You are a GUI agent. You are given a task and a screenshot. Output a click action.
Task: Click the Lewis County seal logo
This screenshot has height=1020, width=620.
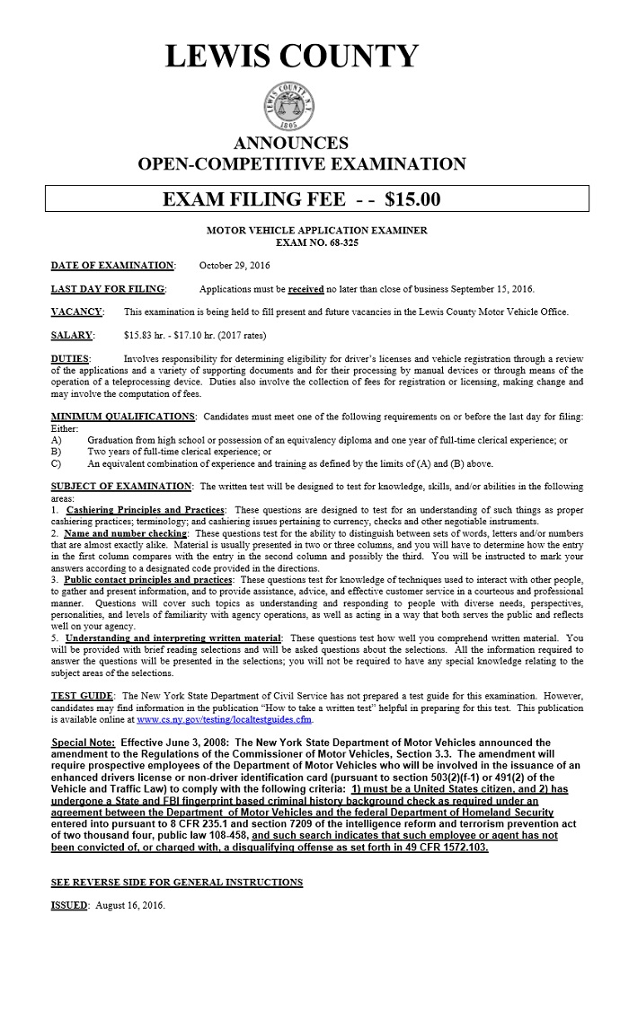(x=291, y=107)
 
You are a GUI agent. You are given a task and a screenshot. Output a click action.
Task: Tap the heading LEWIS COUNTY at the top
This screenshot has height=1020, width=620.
(x=292, y=56)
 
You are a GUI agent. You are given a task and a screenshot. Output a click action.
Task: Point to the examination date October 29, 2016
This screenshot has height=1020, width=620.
(x=234, y=266)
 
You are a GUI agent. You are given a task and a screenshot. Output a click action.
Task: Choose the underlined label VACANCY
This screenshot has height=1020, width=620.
(x=76, y=312)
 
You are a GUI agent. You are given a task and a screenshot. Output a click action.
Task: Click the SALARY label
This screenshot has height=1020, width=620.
(x=72, y=336)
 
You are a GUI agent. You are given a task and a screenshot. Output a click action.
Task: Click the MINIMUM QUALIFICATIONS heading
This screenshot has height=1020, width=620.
(x=123, y=417)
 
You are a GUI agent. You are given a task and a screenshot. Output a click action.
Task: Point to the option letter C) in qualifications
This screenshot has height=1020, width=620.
(x=57, y=464)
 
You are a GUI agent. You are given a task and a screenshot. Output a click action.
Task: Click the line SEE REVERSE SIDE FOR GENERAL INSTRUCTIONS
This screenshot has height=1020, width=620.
(x=177, y=883)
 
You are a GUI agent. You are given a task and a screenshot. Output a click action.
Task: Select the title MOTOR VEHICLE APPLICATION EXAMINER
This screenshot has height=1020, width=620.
(x=317, y=231)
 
